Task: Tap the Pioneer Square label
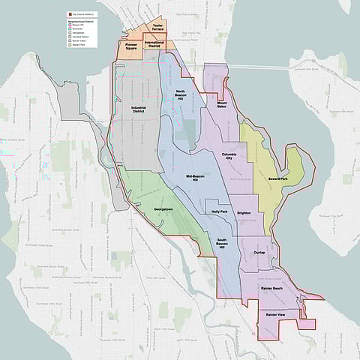tap(135, 46)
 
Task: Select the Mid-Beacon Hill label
tap(196, 178)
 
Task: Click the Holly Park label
tap(220, 211)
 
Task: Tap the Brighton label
tap(243, 213)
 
